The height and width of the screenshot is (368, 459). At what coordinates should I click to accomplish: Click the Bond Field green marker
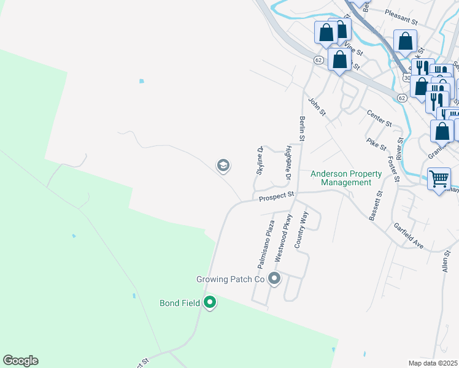tap(210, 302)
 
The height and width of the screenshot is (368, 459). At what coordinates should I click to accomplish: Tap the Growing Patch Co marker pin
tap(274, 280)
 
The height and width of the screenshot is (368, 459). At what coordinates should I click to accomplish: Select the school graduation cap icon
tap(223, 165)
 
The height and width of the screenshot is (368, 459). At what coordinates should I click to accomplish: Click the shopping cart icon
tap(439, 180)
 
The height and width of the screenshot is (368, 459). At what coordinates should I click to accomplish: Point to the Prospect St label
tap(277, 197)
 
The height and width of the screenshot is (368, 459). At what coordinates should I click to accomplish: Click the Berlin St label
tap(302, 129)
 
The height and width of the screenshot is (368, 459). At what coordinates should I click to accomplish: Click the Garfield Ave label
tap(409, 236)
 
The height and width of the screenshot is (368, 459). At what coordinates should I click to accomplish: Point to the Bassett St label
tap(376, 205)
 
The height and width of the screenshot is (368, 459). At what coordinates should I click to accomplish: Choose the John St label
tap(317, 107)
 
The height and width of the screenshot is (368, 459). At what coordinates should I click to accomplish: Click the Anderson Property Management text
tap(345, 178)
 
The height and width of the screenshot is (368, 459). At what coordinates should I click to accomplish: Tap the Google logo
tap(20, 361)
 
